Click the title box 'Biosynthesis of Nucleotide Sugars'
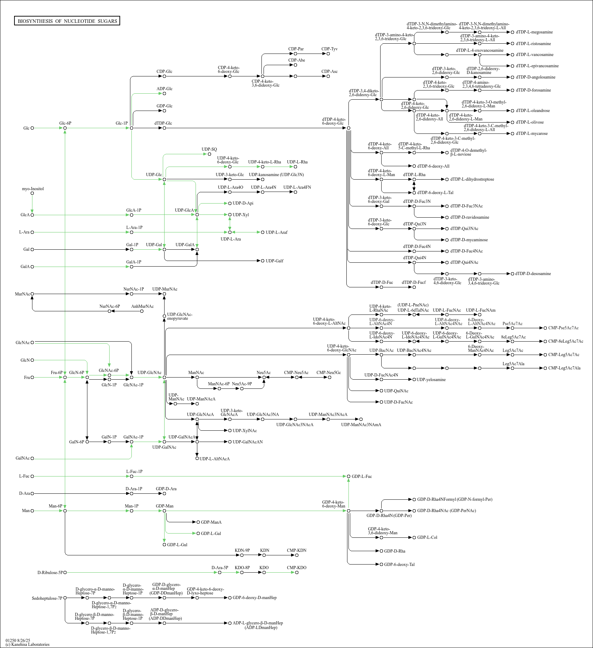click(67, 21)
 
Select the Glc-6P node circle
click(65, 128)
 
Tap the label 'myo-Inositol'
click(33, 189)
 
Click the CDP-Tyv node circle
click(328, 54)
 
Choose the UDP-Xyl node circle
click(230, 215)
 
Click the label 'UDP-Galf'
click(274, 261)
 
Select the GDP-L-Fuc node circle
click(348, 476)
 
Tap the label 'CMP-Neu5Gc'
click(328, 373)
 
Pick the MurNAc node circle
click(32, 294)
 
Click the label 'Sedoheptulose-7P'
click(47, 598)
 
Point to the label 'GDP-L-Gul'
click(177, 545)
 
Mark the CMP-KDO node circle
click(297, 573)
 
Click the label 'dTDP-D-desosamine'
click(533, 274)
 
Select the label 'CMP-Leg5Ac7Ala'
click(564, 368)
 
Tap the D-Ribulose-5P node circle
click(65, 573)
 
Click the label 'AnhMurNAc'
click(142, 306)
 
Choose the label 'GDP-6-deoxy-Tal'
click(399, 565)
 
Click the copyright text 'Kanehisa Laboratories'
click(27, 644)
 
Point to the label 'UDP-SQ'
click(209, 149)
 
